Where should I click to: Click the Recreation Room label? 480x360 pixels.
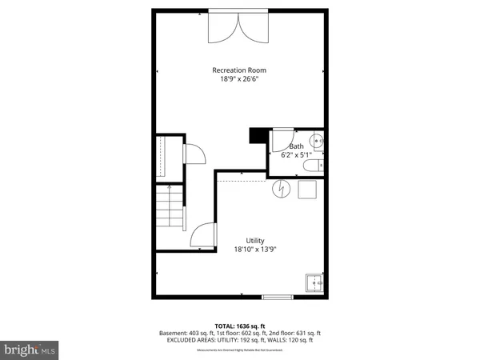[240, 70]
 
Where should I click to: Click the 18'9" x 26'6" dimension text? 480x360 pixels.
[240, 79]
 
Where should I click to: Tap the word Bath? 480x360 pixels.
[296, 146]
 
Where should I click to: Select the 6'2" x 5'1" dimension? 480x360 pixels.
[296, 155]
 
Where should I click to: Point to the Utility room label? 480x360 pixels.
[255, 240]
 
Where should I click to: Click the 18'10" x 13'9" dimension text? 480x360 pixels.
[255, 249]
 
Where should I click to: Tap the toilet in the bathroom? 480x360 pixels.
[317, 165]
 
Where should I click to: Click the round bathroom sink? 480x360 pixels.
[318, 142]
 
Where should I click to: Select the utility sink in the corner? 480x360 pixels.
[314, 282]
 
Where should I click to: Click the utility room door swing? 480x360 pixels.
[205, 236]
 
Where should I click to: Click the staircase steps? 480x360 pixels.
[169, 206]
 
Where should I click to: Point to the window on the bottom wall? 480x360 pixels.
[278, 298]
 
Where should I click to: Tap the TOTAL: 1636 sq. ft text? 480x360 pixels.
[240, 326]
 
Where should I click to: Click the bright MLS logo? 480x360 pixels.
[30, 349]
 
